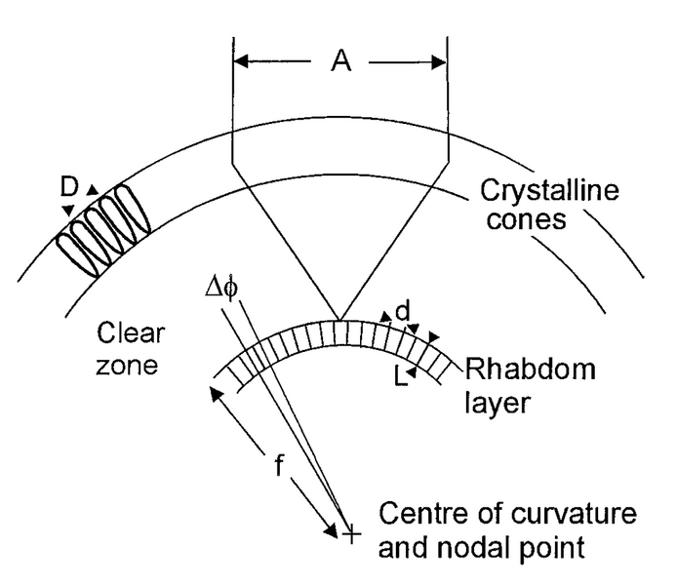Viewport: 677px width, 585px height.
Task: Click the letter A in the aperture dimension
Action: (340, 63)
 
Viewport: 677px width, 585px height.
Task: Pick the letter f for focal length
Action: (278, 466)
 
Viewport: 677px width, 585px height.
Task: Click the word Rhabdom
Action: (520, 370)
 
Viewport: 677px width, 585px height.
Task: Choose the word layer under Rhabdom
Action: (495, 402)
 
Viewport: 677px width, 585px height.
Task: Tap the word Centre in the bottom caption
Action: (416, 515)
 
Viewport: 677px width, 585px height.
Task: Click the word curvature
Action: (554, 515)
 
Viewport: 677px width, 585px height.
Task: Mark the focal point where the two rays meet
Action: (338, 319)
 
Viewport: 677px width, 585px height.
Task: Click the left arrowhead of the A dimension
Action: (239, 63)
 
